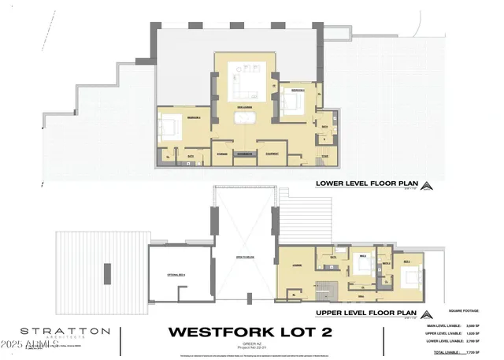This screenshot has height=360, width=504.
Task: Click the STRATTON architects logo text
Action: (54, 332)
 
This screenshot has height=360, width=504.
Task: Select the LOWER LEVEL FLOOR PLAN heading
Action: (365, 186)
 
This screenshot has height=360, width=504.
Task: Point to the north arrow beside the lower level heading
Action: (426, 186)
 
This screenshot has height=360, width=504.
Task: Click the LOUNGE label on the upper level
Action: (297, 266)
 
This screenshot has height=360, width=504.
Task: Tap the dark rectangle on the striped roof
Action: (105, 272)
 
